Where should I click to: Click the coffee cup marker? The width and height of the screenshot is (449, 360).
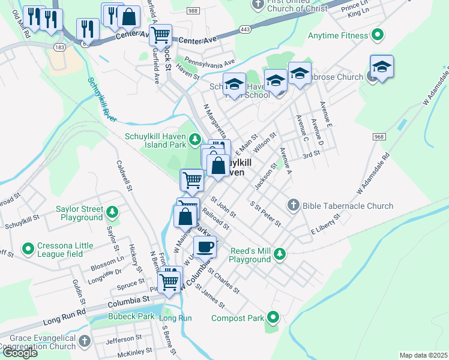click(x=205, y=246)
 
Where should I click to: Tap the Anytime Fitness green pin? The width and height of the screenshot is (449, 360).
click(x=377, y=35)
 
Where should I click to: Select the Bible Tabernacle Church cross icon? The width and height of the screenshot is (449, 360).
click(x=294, y=206)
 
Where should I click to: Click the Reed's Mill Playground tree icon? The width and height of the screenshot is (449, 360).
click(x=279, y=255)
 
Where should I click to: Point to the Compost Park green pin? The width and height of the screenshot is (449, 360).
click(x=274, y=316)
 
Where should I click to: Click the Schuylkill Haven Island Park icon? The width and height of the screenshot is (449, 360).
click(x=194, y=140)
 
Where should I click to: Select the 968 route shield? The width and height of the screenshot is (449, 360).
click(x=379, y=137)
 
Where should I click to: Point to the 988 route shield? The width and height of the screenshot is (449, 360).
click(x=193, y=11)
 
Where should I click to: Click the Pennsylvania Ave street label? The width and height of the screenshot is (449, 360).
click(x=209, y=62)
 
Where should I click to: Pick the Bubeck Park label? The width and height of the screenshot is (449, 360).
click(x=131, y=316)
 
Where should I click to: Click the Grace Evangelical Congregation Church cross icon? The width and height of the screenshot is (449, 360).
click(x=85, y=341)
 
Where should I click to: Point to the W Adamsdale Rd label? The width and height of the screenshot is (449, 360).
click(x=373, y=175)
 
